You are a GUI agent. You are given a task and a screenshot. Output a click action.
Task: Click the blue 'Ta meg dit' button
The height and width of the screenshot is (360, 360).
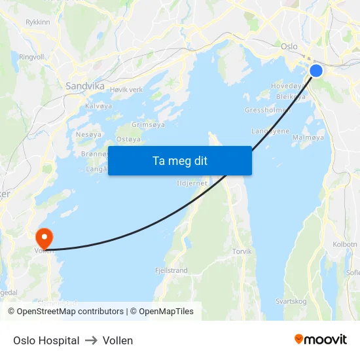pos(179,160)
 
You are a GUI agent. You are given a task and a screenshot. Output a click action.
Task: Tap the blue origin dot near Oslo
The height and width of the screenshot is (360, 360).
pos(316,71)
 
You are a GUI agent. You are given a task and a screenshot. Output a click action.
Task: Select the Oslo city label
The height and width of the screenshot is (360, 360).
pos(289,46)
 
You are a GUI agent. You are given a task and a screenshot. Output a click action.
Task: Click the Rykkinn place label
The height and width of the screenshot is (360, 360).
pos(37,22)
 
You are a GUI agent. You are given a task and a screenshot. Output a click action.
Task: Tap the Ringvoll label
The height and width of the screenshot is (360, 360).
pos(31,57)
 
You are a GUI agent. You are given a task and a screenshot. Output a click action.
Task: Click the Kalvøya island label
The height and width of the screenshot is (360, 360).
pos(98,105)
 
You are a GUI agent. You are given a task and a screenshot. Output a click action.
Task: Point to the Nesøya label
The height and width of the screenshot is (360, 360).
pos(88,134)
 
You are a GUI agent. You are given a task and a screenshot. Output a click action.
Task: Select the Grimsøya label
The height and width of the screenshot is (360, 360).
pos(148,124)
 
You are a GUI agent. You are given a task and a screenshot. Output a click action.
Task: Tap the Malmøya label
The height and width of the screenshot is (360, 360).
pos(308,137)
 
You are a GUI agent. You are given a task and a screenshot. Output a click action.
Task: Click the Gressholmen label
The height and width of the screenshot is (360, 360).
pos(267,110)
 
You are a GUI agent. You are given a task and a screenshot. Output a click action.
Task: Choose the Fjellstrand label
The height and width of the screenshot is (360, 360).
pos(171,270)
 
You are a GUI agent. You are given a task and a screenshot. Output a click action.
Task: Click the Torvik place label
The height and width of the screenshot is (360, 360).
pos(242,251)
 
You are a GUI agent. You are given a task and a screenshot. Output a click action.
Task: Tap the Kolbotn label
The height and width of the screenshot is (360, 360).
pos(345,244)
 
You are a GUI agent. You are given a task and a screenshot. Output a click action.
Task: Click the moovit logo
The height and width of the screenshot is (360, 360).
pos(320,339)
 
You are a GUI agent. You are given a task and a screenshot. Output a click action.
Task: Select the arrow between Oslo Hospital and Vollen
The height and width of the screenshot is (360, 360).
pos(91,340)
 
